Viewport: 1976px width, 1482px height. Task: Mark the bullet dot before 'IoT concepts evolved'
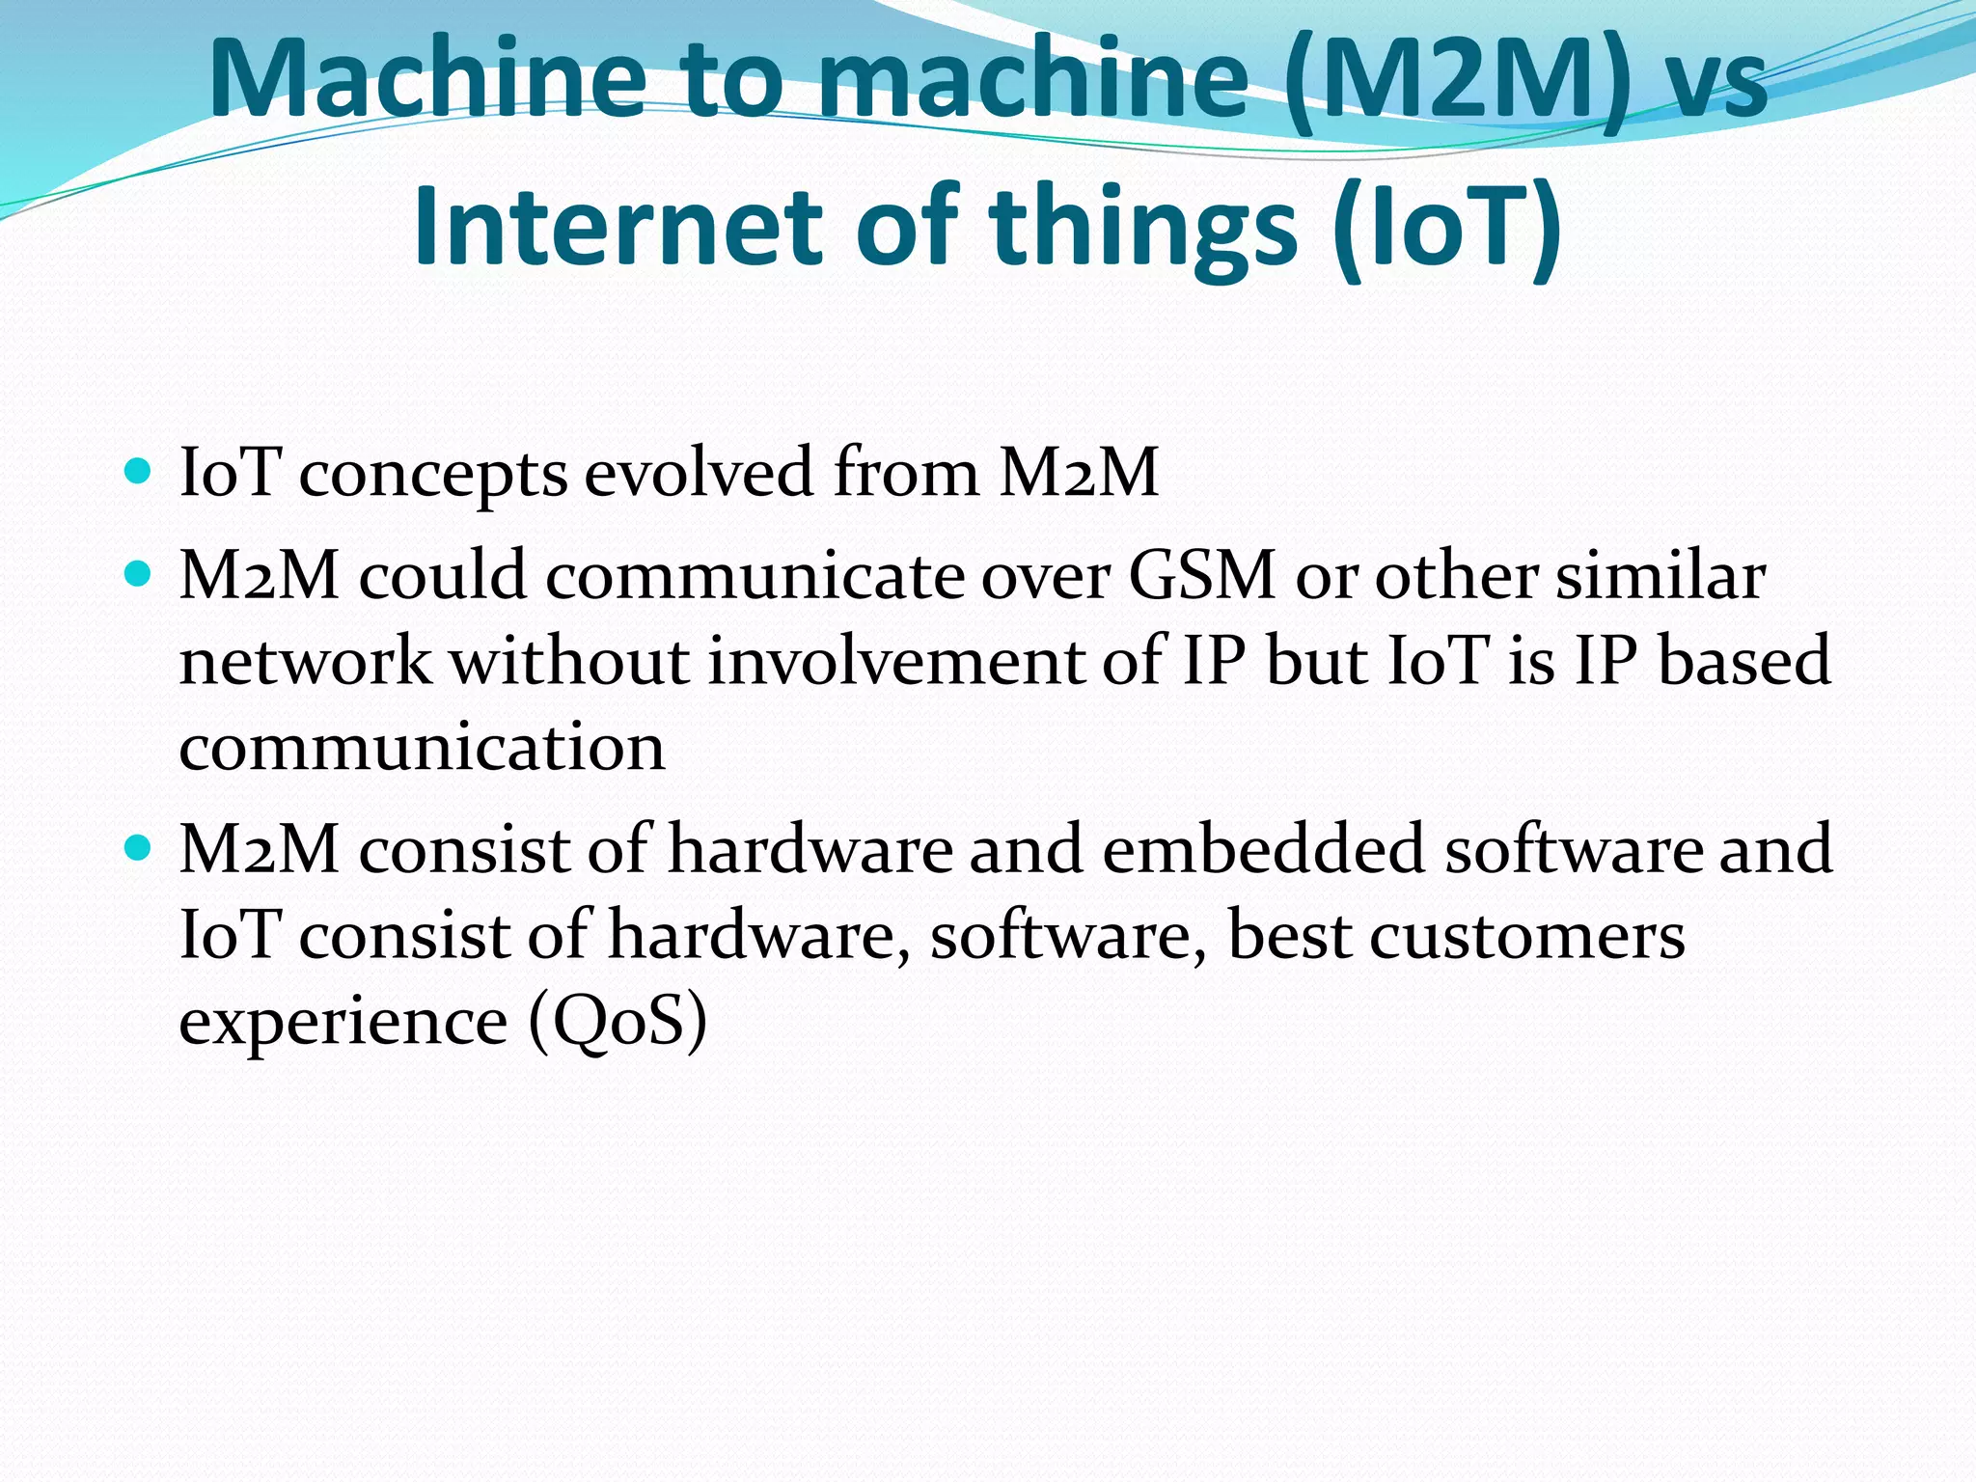tap(139, 472)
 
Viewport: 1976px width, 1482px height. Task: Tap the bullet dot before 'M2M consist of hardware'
tap(139, 848)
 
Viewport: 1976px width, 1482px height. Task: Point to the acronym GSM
tap(1202, 576)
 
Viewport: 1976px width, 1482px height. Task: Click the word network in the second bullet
tap(306, 662)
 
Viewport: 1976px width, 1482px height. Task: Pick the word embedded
tap(1263, 849)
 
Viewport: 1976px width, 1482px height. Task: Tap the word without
tap(570, 662)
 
